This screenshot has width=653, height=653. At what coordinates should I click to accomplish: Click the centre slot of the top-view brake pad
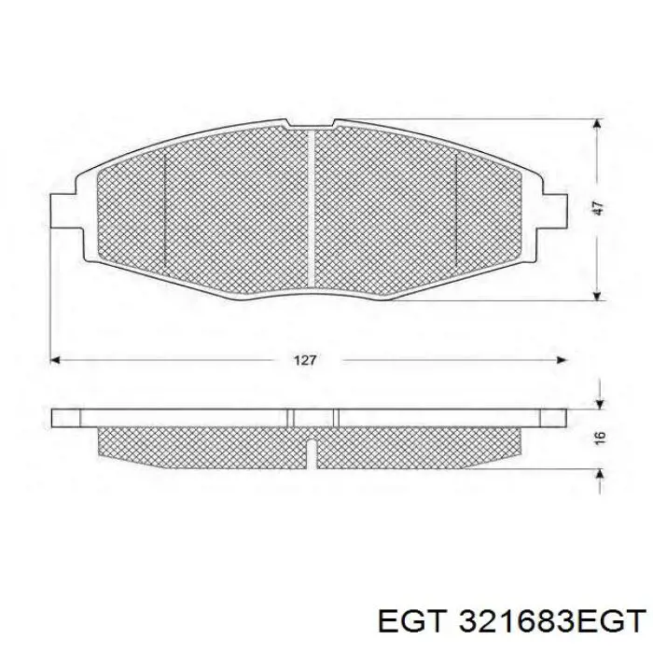[x=312, y=210]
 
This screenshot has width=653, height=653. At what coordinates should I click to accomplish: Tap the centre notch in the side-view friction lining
[x=314, y=451]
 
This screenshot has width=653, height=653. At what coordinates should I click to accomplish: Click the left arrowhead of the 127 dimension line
[x=55, y=359]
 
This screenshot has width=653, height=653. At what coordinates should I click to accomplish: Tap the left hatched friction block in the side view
[x=205, y=442]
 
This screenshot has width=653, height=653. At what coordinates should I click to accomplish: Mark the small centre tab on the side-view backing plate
[x=313, y=416]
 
